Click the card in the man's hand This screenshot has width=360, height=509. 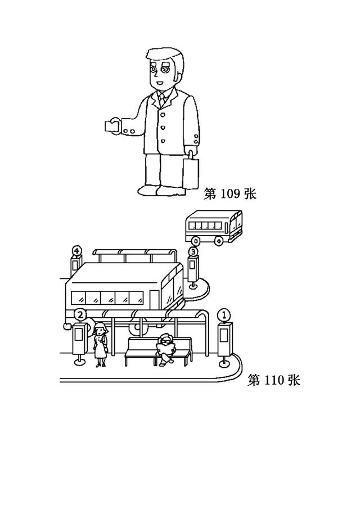coord(109,126)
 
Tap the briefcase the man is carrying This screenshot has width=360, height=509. coord(190,172)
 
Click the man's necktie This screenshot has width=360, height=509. coord(161,98)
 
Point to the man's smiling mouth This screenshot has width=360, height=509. coord(159,84)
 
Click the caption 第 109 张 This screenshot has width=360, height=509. coord(230,194)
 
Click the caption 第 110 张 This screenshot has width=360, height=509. coord(274,380)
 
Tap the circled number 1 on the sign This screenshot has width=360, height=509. coord(224,315)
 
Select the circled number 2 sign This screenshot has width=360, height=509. coord(80,314)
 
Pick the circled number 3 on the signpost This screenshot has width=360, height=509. coord(193,251)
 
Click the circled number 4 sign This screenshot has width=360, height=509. coord(76,251)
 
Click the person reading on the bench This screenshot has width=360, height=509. coord(166,350)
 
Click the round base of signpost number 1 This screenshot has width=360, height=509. coord(224,364)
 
